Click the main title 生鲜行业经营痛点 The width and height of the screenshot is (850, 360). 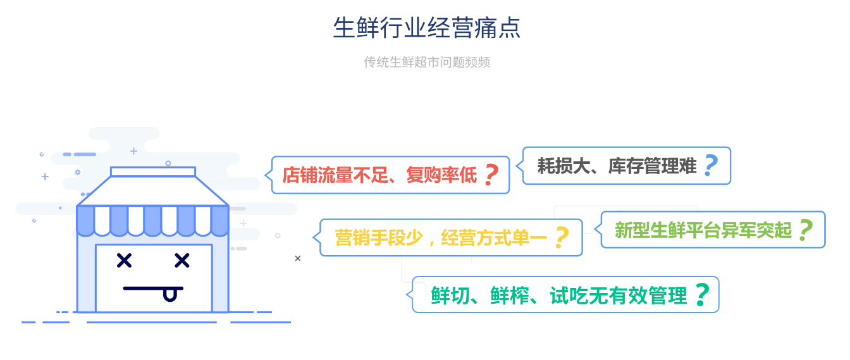[x=426, y=27]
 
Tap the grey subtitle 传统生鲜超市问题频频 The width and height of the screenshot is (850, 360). [x=427, y=62]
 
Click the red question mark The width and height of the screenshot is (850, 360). [x=492, y=175]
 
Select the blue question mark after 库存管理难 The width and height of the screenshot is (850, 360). [x=711, y=166]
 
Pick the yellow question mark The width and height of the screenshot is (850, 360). [x=562, y=238]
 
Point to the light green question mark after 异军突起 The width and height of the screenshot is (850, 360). [x=806, y=230]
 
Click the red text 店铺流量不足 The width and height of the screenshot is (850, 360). [x=335, y=175]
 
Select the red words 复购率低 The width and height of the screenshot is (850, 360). [x=441, y=175]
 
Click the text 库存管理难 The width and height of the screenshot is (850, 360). [x=652, y=166]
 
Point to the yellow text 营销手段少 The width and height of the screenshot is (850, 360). [x=379, y=238]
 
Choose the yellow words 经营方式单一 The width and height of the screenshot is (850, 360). [x=494, y=238]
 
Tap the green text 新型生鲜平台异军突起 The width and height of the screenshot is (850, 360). [x=703, y=230]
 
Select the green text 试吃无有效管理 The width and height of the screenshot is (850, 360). [x=619, y=295]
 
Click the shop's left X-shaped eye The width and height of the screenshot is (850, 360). [x=124, y=261]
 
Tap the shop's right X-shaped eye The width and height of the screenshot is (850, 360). [x=182, y=261]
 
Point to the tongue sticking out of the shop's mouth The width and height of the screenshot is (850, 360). [x=169, y=295]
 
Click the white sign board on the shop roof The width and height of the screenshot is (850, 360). [x=153, y=171]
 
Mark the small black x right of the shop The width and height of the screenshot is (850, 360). [x=297, y=259]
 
